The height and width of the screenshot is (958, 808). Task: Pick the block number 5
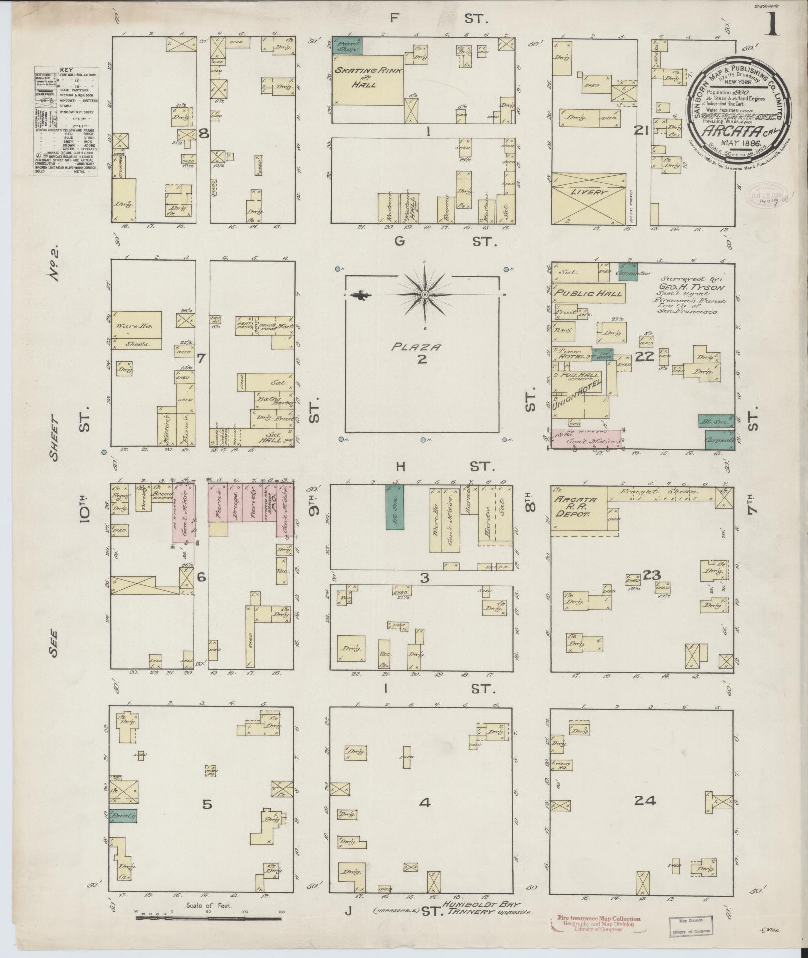207,804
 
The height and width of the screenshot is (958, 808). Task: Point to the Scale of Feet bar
208,917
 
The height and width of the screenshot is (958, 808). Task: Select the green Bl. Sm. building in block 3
394,507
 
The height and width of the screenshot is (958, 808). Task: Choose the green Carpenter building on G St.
628,272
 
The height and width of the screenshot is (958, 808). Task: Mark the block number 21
641,132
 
